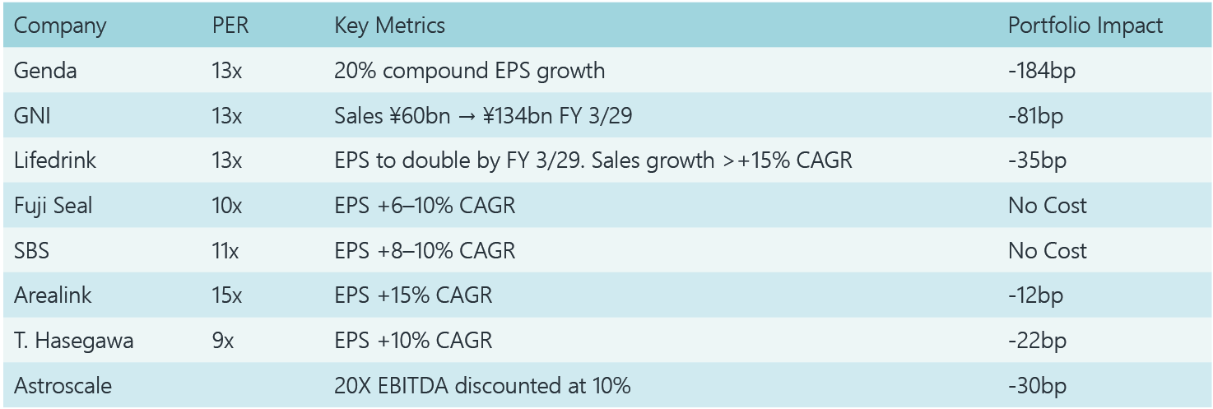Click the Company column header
pos(60,26)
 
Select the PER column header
pos(230,26)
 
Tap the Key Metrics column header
pos(389,26)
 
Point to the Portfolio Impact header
pos(1085,26)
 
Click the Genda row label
pos(45,71)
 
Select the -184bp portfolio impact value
pos(1042,71)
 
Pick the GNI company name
pos(32,116)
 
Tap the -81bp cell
pos(1035,116)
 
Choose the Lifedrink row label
pos(55,160)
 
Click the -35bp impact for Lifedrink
pos(1037,160)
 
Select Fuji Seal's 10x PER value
pos(226,206)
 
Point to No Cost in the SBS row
pos(1048,250)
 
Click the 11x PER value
pos(225,250)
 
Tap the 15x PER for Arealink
pos(226,295)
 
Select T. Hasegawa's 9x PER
pos(222,340)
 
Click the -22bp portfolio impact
pos(1037,340)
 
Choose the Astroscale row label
pos(63,385)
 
